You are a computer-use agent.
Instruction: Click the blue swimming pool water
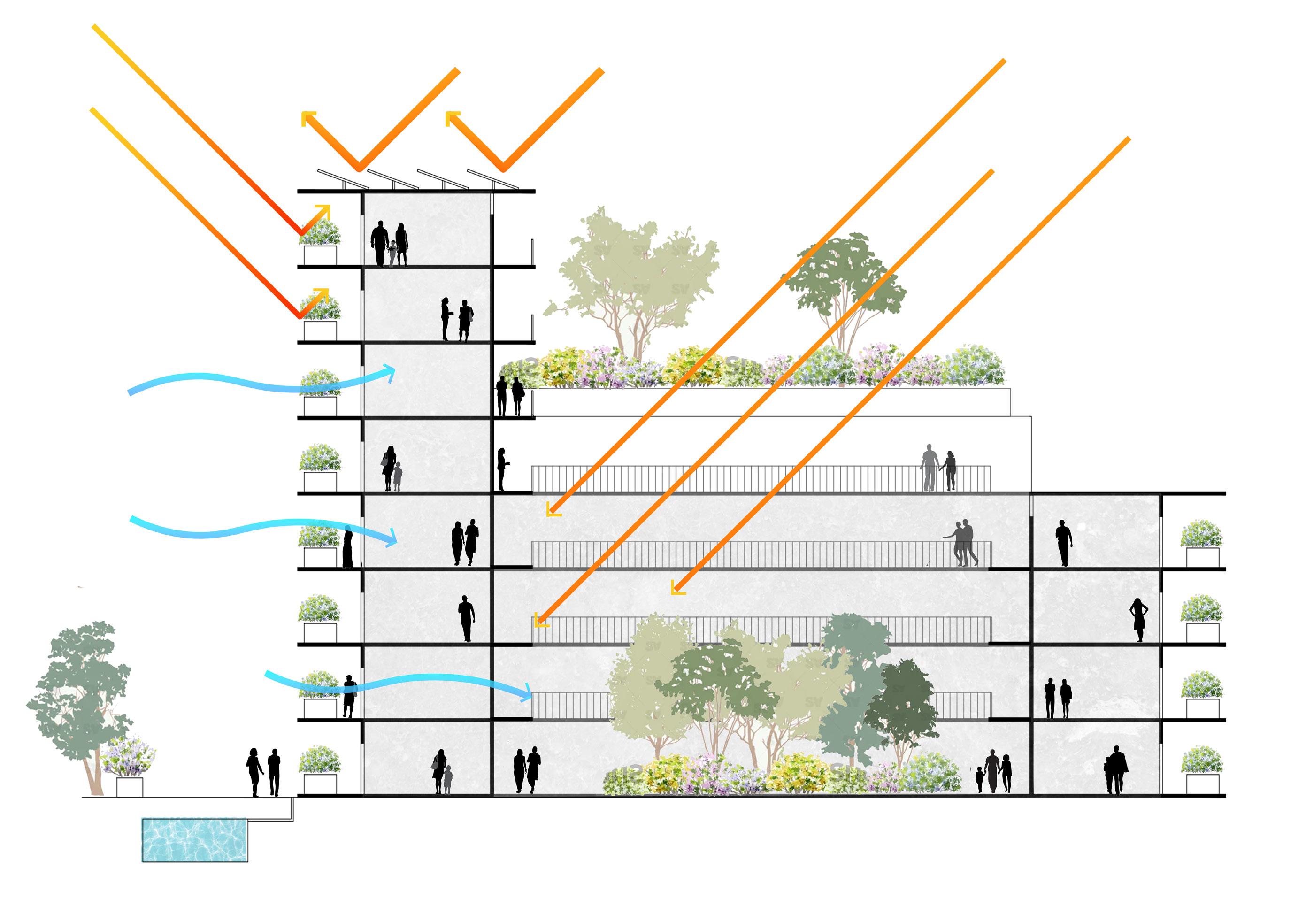pos(194,839)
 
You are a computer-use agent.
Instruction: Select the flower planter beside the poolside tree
pos(129,769)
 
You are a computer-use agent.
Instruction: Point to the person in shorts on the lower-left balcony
pos(350,696)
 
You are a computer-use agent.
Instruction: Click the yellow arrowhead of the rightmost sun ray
pos(677,589)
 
